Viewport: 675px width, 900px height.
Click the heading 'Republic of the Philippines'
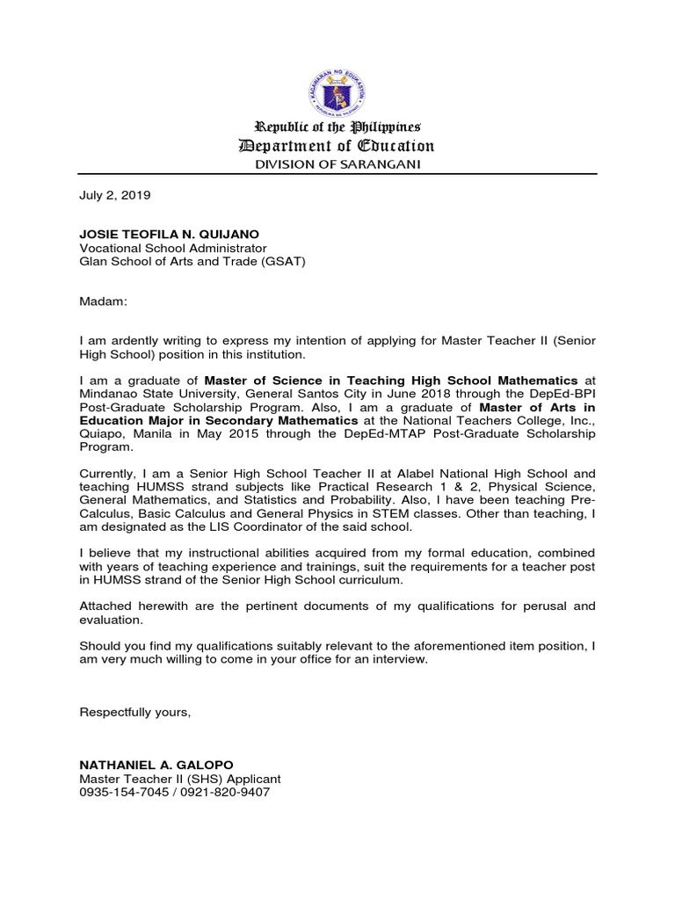[x=337, y=127]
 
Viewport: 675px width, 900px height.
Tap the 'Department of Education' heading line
[x=337, y=147]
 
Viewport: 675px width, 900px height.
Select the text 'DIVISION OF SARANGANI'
[x=337, y=165]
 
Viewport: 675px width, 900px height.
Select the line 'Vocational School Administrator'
[x=172, y=248]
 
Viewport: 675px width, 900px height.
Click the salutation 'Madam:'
[x=104, y=301]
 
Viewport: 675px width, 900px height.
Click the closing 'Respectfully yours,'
[x=134, y=712]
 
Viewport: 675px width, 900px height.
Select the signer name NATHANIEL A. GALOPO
[x=156, y=765]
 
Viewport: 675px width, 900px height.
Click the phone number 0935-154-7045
[x=123, y=792]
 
